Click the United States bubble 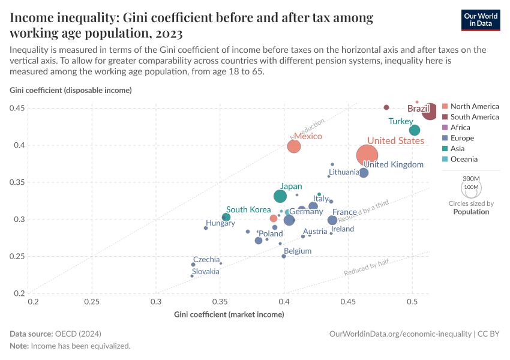[x=367, y=155]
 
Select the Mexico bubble [x=293, y=146]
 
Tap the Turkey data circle [x=414, y=130]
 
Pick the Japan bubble [x=280, y=196]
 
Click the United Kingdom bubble [x=364, y=173]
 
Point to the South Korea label [x=248, y=209]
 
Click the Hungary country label [x=220, y=223]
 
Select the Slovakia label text [x=206, y=271]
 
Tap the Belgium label [x=298, y=251]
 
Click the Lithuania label [x=344, y=172]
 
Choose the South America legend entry [x=474, y=117]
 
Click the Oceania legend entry [x=464, y=159]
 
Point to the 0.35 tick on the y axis [x=18, y=182]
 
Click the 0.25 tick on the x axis [x=92, y=301]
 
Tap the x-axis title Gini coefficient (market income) [x=229, y=314]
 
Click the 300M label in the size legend [x=472, y=179]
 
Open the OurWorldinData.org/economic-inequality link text [x=400, y=333]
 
